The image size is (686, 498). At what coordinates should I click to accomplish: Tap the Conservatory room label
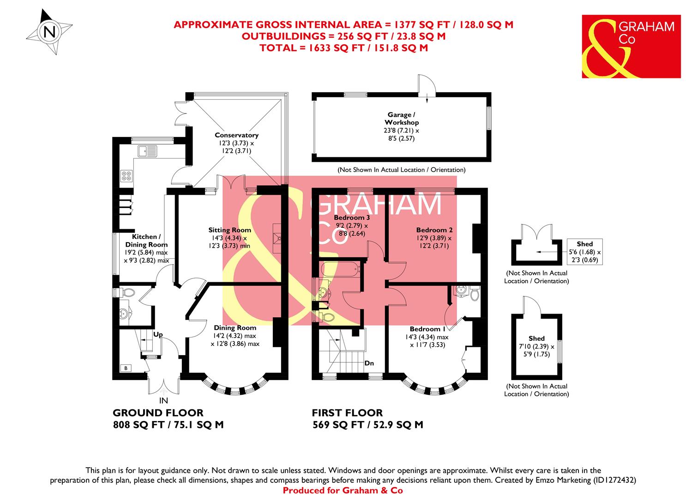236,135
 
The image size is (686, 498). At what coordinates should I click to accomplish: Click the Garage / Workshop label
402,119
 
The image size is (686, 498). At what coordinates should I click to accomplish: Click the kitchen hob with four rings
126,175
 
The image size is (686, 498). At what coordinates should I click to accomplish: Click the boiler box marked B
125,368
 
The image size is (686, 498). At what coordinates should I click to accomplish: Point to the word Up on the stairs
157,334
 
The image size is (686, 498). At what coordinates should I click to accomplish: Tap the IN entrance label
163,400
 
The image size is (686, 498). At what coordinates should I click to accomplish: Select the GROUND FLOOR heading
158,413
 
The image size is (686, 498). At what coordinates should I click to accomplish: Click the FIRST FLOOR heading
347,413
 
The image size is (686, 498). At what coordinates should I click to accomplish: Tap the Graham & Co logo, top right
631,46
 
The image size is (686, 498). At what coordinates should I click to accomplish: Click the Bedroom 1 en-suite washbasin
459,290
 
